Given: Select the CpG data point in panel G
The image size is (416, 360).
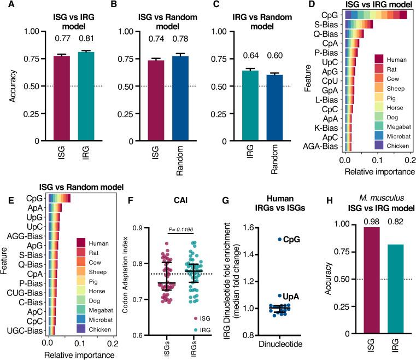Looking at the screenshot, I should (279, 239).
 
